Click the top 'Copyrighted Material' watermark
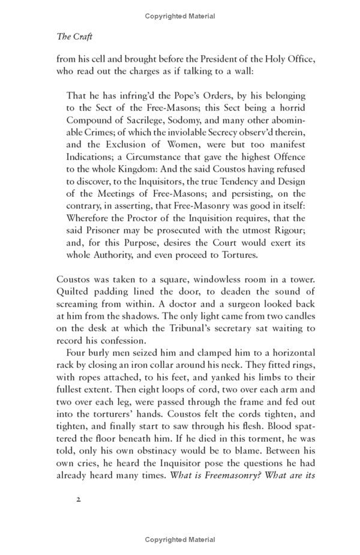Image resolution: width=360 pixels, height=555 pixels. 179,17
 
